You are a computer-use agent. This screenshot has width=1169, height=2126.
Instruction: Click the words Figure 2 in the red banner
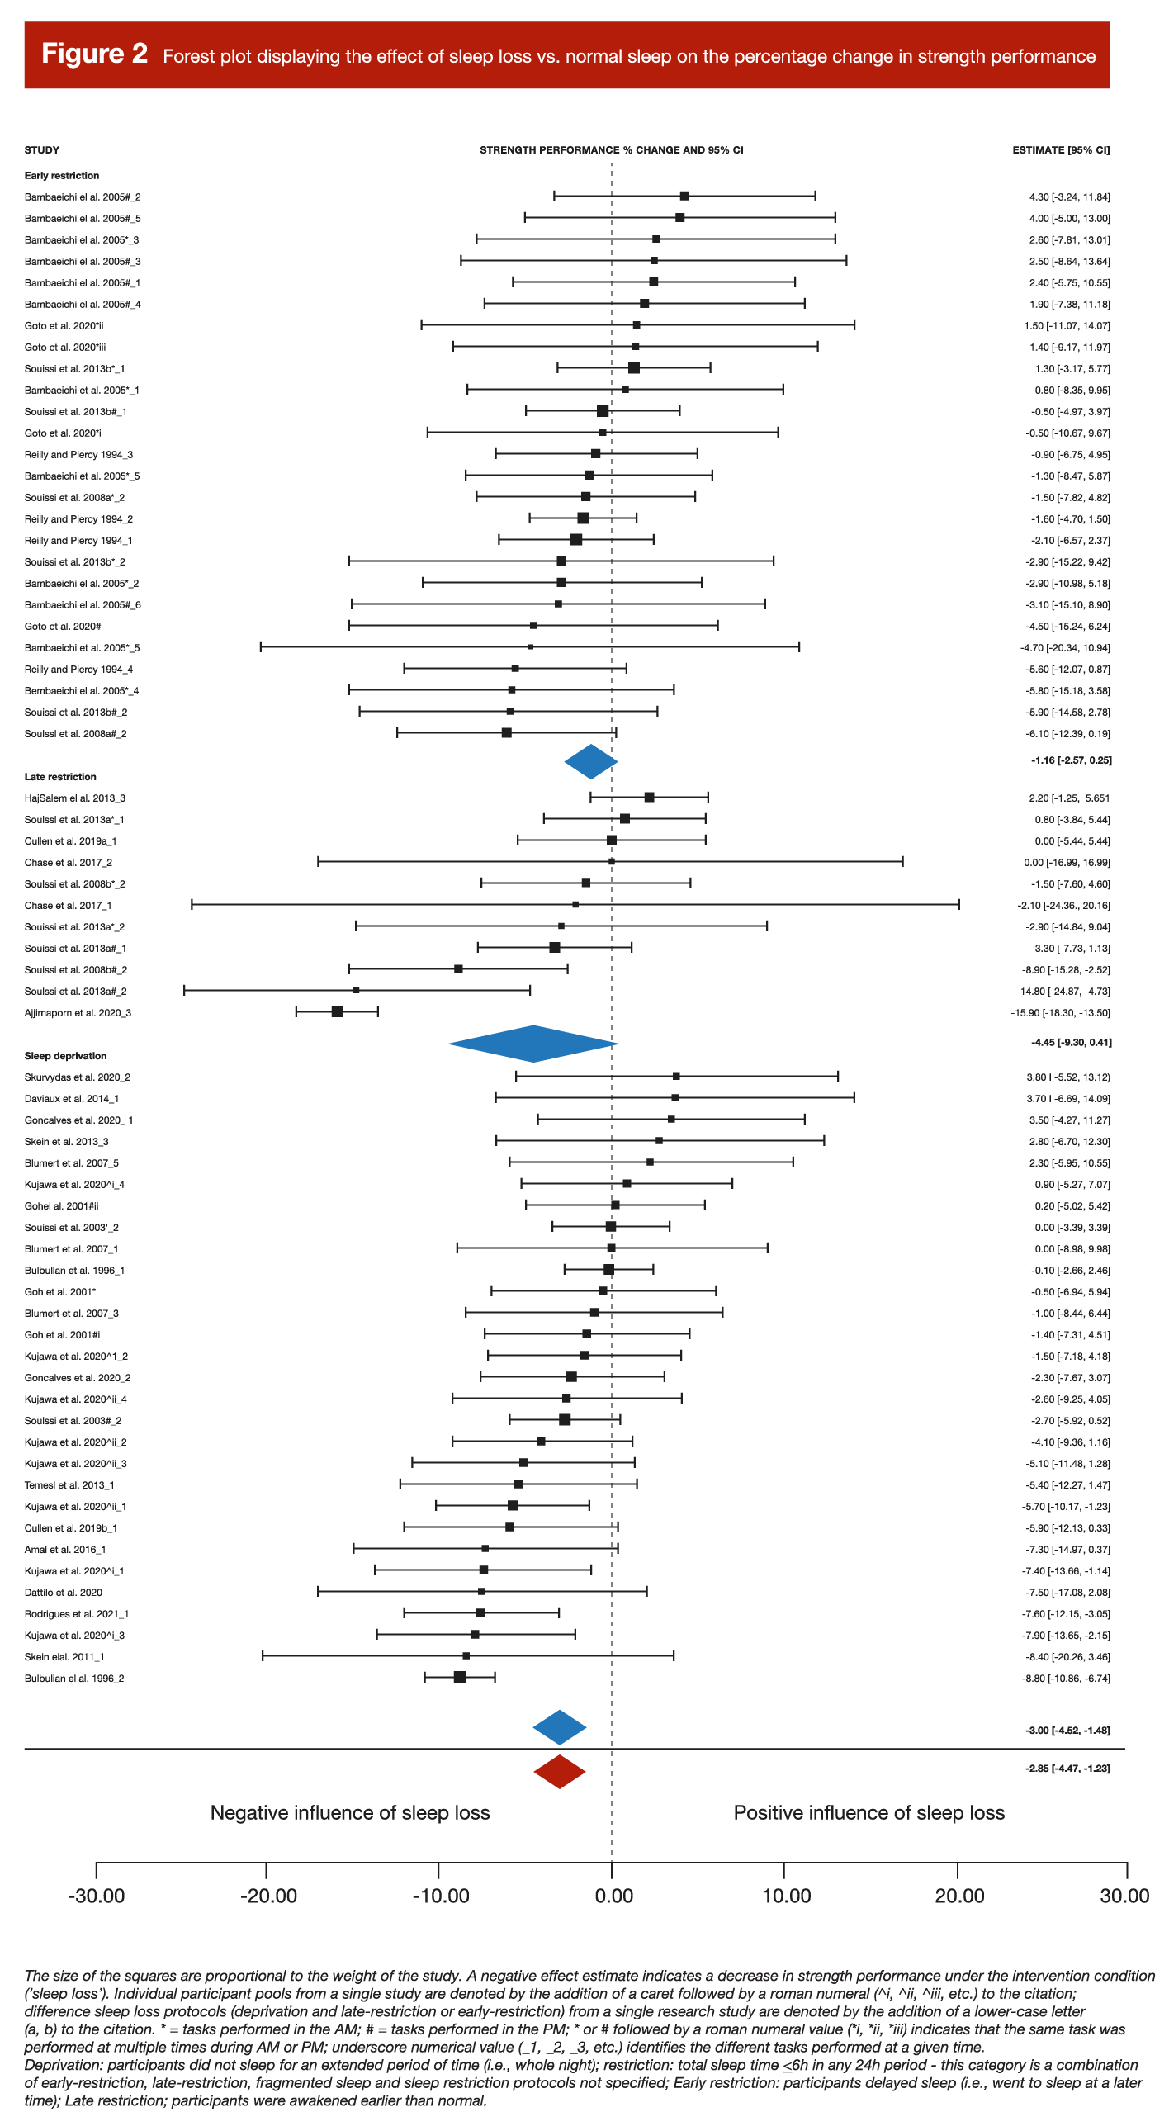(x=94, y=54)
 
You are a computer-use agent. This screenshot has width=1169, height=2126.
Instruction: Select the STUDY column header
(x=42, y=150)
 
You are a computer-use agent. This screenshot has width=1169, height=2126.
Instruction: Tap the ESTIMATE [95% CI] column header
(x=1061, y=150)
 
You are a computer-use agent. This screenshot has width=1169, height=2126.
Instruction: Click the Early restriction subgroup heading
(x=62, y=176)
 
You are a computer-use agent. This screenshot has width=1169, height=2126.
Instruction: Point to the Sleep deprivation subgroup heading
(x=65, y=1056)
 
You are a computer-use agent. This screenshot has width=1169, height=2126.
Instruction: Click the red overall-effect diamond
(x=560, y=1772)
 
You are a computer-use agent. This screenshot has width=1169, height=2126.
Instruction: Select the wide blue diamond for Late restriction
(x=533, y=1044)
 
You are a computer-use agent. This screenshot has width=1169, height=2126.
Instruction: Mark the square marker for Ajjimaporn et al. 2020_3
(x=337, y=1012)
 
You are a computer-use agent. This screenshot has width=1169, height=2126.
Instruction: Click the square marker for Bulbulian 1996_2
(x=460, y=1678)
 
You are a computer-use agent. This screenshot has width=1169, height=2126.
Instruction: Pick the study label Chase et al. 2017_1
(x=68, y=906)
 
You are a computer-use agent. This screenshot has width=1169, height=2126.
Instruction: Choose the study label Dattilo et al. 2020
(x=64, y=1593)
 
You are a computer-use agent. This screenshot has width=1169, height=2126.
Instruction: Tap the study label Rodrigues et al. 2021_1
(x=77, y=1614)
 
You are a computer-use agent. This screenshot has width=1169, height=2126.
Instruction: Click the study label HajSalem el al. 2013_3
(x=75, y=798)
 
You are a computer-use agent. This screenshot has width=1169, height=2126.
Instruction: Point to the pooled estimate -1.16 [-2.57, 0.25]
(x=1071, y=760)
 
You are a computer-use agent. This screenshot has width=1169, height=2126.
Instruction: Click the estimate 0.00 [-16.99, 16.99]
(x=1067, y=863)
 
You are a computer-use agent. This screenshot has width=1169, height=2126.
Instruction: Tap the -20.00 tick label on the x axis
(x=268, y=1896)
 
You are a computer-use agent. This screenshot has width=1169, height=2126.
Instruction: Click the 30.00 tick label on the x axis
(x=1124, y=1896)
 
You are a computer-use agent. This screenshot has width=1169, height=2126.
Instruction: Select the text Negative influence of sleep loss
(x=350, y=1813)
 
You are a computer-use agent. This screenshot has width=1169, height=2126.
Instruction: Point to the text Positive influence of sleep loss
(x=868, y=1813)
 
